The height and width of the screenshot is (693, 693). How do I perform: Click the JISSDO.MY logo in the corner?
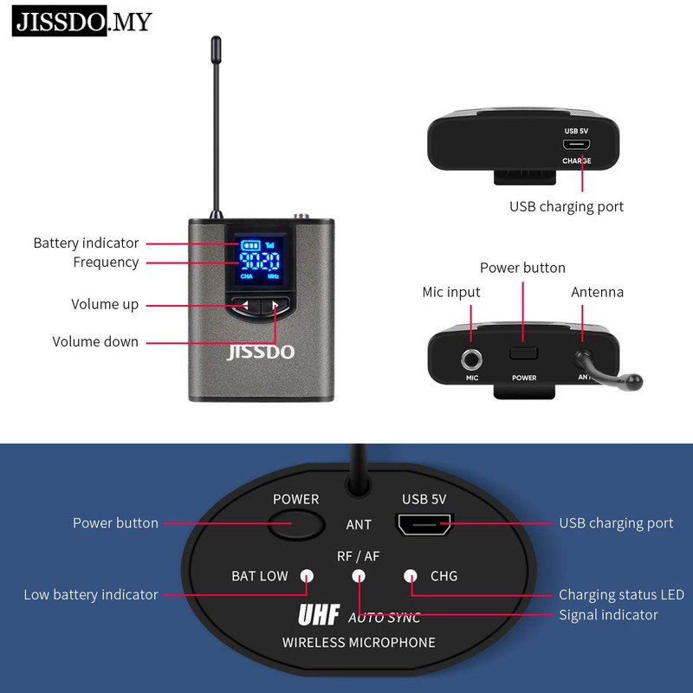pyautogui.click(x=81, y=21)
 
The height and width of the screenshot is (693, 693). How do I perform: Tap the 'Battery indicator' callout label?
pyautogui.click(x=86, y=243)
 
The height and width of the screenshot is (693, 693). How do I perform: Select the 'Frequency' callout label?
pyautogui.click(x=106, y=262)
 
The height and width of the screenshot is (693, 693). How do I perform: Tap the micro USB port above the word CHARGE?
pyautogui.click(x=576, y=145)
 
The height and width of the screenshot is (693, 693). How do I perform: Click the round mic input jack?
pyautogui.click(x=473, y=356)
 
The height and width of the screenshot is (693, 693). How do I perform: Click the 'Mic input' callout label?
pyautogui.click(x=450, y=292)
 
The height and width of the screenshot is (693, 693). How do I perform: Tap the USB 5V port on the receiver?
pyautogui.click(x=424, y=523)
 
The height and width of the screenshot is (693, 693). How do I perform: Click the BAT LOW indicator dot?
pyautogui.click(x=306, y=575)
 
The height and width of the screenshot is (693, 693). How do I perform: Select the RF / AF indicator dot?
pyautogui.click(x=359, y=575)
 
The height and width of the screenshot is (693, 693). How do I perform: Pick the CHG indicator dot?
pyautogui.click(x=411, y=575)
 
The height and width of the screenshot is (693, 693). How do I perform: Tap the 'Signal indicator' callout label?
pyautogui.click(x=608, y=615)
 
